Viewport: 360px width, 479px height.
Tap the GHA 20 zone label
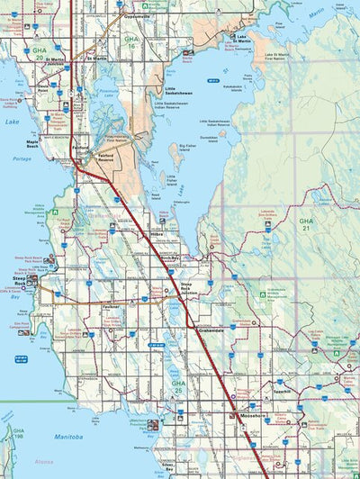(39, 51)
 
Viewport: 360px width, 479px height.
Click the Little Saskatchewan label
(177, 92)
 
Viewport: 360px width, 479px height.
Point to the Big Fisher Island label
(187, 149)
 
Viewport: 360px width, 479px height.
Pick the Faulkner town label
(112, 306)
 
